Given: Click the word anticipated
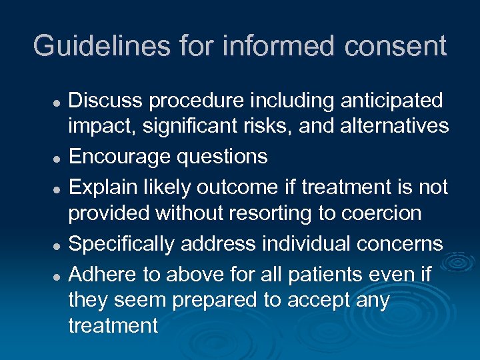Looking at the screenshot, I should pos(391,101).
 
